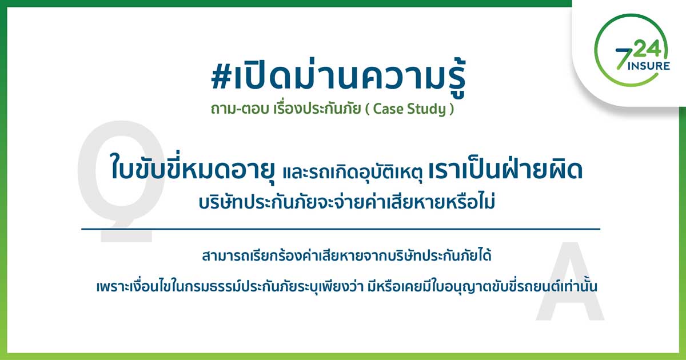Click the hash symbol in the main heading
point(221,77)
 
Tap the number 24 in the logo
point(647,49)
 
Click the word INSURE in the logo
point(649,66)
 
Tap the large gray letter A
point(570,282)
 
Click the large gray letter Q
point(121,181)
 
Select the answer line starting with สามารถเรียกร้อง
point(346,255)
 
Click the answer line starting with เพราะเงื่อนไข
point(346,286)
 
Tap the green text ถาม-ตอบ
point(240,109)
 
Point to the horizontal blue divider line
point(341,229)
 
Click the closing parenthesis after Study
point(451,109)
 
